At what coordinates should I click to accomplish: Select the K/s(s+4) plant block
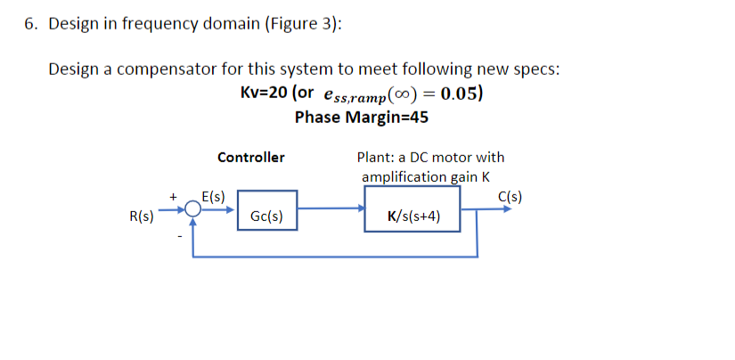coord(411,215)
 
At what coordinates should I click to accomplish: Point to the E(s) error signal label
coord(214,194)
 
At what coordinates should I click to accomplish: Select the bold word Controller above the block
coord(251,158)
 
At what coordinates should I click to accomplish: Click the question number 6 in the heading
coord(29,24)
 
